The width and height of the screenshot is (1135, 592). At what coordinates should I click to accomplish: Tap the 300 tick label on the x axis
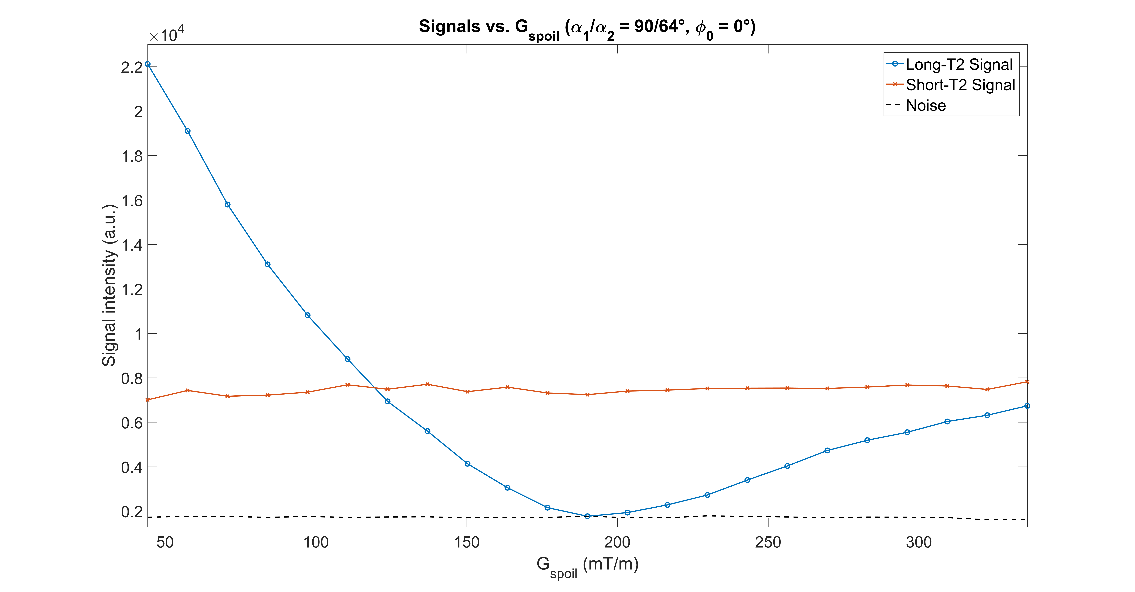tap(919, 542)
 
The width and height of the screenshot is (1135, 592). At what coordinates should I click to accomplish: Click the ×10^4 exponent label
tap(167, 34)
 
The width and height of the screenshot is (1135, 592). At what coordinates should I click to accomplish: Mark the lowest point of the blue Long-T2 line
tap(587, 516)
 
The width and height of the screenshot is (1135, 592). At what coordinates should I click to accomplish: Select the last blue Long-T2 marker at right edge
tap(1027, 406)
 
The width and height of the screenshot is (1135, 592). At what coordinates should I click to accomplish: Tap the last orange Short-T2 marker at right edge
tap(1027, 382)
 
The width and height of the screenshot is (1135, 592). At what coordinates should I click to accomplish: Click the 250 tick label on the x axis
tap(768, 542)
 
